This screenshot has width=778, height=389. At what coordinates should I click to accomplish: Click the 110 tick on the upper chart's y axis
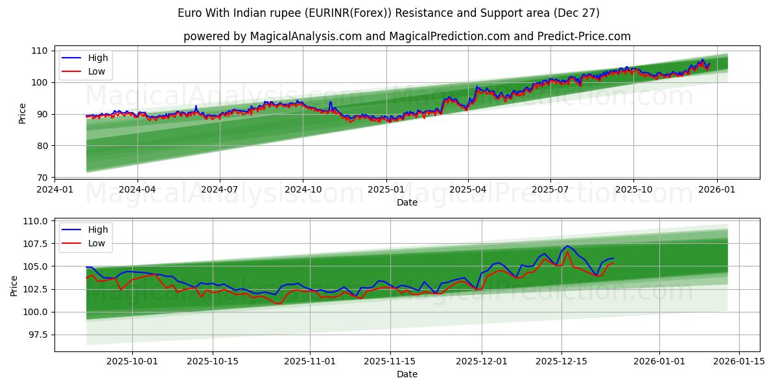40,51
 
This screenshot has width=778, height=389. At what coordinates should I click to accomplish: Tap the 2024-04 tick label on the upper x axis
137,190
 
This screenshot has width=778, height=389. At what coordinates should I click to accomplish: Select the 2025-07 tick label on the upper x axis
550,190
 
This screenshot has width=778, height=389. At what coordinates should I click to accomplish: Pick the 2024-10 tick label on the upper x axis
303,190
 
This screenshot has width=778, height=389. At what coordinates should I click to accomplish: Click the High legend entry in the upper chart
98,58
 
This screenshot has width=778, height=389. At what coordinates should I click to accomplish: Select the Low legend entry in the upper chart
96,72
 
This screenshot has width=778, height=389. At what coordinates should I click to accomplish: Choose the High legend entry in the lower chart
98,230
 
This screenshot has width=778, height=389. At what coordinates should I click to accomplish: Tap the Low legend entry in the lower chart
96,243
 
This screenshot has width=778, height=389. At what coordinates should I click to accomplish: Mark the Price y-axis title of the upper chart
23,113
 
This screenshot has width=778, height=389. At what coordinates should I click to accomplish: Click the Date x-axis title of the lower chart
407,374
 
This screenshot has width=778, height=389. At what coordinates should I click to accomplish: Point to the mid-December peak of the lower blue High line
567,246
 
